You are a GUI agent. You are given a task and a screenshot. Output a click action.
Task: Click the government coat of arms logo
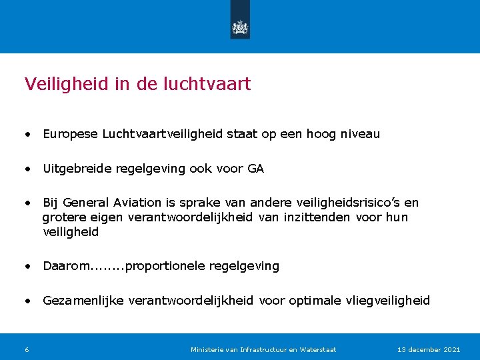240,27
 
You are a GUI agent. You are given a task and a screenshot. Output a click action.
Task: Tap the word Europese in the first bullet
71,134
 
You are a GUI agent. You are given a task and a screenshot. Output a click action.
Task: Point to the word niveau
360,134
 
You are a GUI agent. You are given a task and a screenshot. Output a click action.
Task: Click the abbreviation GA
256,169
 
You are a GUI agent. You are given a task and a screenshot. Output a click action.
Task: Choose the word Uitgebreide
77,169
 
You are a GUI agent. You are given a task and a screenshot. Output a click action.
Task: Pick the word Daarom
67,267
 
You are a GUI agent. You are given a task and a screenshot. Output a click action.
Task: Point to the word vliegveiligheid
388,301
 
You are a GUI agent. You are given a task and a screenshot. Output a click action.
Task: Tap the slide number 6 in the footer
27,349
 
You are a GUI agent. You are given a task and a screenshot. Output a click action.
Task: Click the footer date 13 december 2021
429,349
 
